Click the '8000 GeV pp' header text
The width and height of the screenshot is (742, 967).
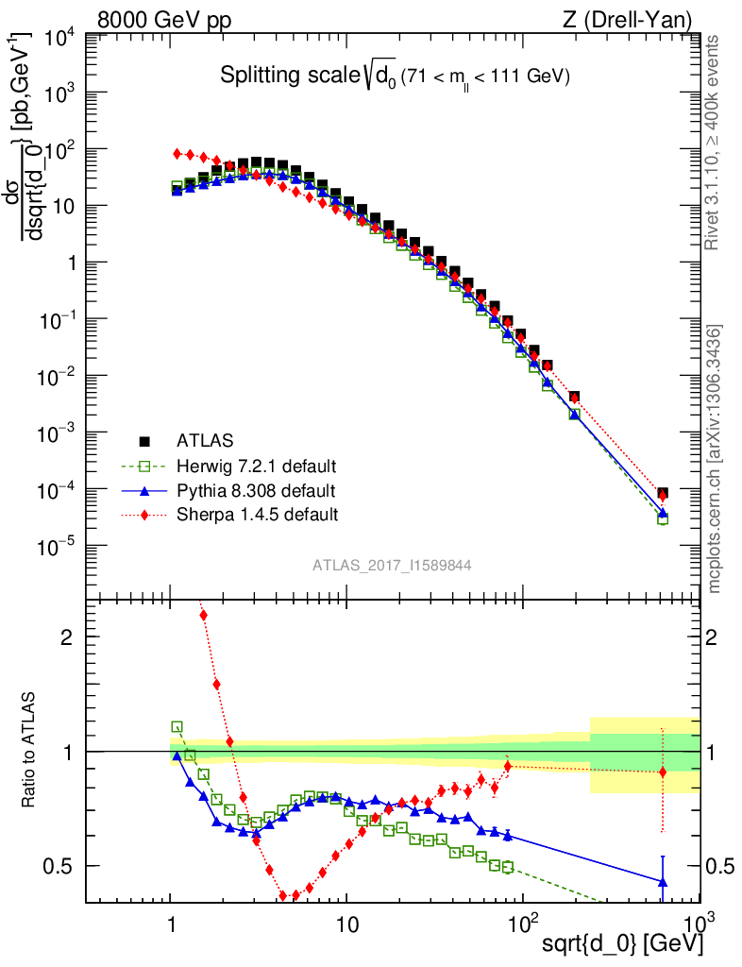click(165, 19)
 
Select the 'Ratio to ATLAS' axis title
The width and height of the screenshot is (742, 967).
click(28, 751)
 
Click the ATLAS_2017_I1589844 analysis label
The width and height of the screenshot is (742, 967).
click(392, 566)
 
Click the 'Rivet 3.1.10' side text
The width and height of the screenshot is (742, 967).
click(715, 142)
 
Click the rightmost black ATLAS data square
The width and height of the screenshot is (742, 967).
click(663, 493)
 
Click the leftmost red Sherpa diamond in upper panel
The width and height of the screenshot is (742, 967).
click(177, 153)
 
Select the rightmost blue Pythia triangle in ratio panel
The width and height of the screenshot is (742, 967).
click(663, 881)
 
